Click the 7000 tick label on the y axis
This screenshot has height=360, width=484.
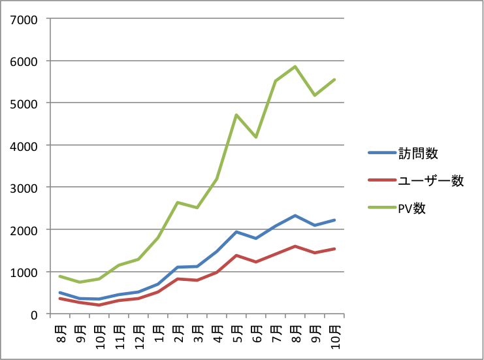(x=24, y=19)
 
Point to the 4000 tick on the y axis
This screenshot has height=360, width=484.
(x=24, y=146)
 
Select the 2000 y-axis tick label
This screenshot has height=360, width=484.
(x=24, y=230)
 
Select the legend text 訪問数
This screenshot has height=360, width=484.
(x=417, y=154)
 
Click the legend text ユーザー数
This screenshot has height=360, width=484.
(x=430, y=181)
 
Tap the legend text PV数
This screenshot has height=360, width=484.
(x=413, y=208)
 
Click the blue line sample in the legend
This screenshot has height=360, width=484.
(x=381, y=154)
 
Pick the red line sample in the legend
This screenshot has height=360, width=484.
(x=381, y=181)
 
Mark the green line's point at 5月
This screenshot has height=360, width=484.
(x=236, y=115)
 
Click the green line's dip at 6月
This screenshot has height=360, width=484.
(x=256, y=137)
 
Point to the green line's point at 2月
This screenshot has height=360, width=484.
(x=177, y=203)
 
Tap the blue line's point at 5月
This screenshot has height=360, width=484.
(x=236, y=232)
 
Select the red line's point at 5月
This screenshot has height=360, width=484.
(x=236, y=255)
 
